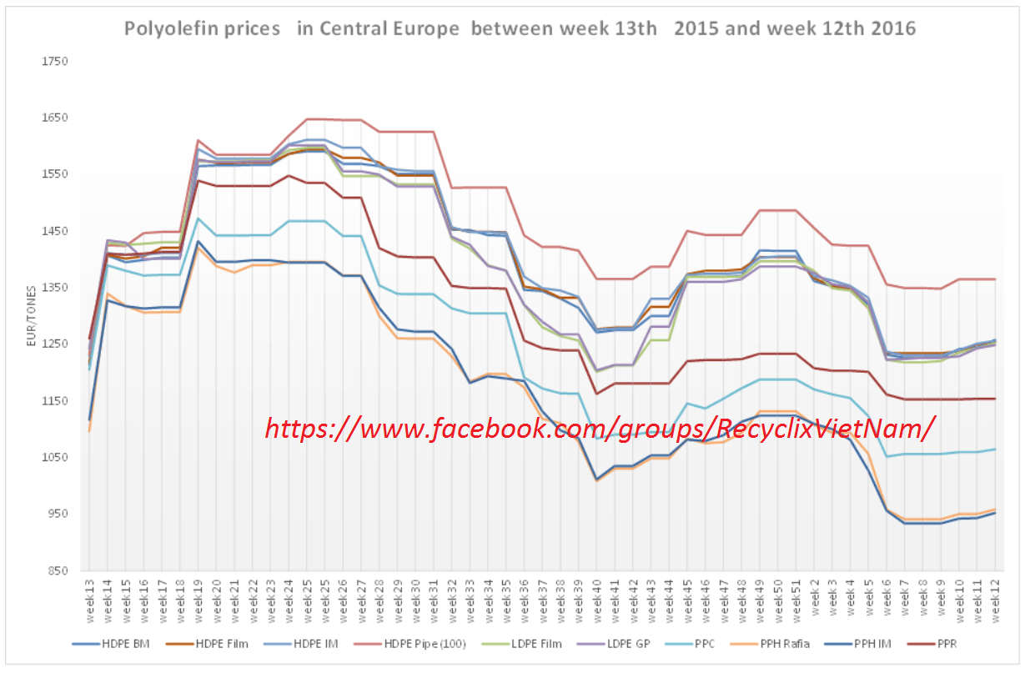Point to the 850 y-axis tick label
[x=55, y=571]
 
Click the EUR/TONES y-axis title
[x=32, y=318]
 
